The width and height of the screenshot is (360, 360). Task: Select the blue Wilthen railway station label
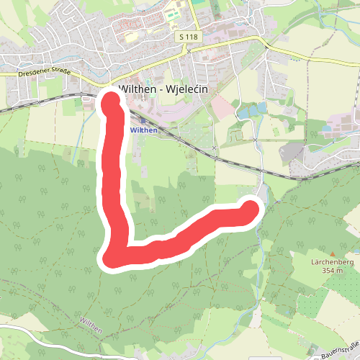[144, 130]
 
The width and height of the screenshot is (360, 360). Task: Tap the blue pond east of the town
[251, 111]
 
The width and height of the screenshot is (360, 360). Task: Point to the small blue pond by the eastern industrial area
[327, 130]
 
